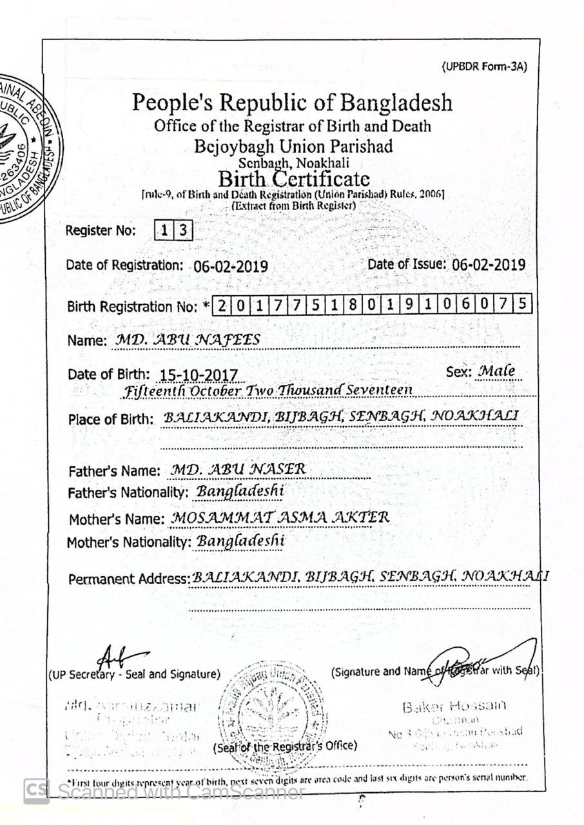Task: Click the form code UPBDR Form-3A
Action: coord(484,66)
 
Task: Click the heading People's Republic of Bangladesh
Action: coord(292,102)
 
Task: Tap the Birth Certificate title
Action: coord(294,177)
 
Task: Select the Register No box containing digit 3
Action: coord(183,231)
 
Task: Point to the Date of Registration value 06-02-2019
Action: coord(231,266)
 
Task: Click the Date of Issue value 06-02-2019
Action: coord(488,264)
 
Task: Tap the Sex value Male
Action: coord(495,372)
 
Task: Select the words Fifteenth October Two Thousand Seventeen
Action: coord(268,391)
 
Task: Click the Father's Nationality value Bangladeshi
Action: coord(240,492)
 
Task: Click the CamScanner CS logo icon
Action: coord(37,791)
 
